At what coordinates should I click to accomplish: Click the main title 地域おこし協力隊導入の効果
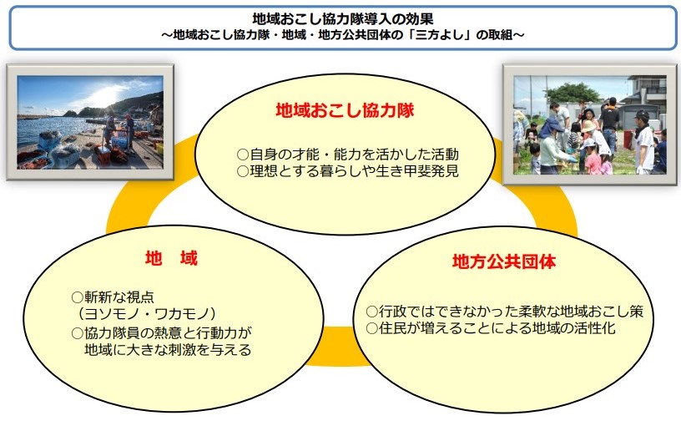pyautogui.click(x=343, y=18)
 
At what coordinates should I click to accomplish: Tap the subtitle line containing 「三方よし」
pyautogui.click(x=343, y=35)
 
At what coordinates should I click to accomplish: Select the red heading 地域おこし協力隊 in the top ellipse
pyautogui.click(x=345, y=110)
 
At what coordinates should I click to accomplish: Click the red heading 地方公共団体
pyautogui.click(x=504, y=262)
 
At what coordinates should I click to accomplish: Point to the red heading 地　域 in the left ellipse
pyautogui.click(x=172, y=258)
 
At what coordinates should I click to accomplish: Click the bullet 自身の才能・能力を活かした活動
pyautogui.click(x=348, y=155)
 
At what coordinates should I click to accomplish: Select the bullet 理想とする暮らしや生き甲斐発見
pyautogui.click(x=348, y=170)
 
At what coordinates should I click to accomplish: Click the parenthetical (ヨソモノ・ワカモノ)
pyautogui.click(x=147, y=313)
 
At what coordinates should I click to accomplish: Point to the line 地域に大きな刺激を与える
pyautogui.click(x=168, y=350)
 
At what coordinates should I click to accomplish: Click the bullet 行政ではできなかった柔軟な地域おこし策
pyautogui.click(x=505, y=312)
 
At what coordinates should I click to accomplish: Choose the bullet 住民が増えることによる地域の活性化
pyautogui.click(x=491, y=328)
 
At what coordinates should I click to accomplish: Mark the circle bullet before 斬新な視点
pyautogui.click(x=78, y=297)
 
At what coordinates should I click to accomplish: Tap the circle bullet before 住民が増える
pyautogui.click(x=371, y=328)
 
